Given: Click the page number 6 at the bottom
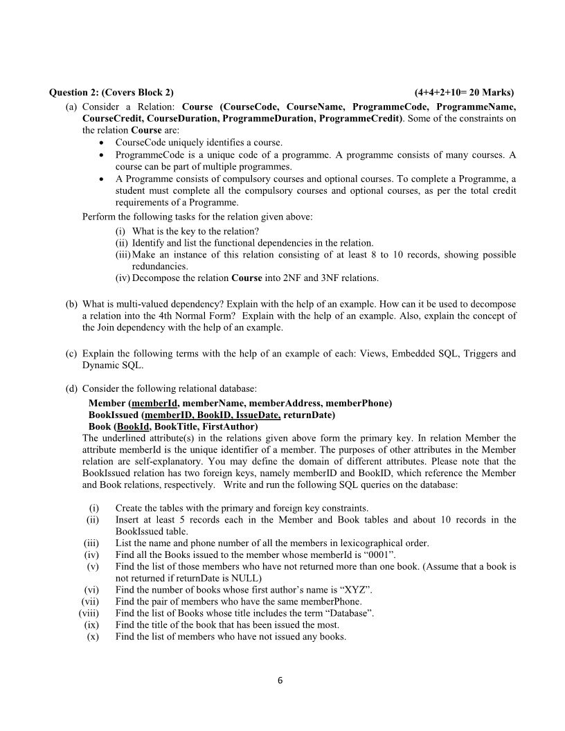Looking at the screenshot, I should click(x=280, y=680).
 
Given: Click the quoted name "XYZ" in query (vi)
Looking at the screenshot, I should click(x=357, y=589).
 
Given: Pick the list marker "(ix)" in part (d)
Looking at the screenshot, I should click(x=91, y=624).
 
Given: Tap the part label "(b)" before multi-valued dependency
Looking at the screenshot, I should click(x=71, y=304).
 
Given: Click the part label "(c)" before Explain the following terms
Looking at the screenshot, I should click(x=71, y=354).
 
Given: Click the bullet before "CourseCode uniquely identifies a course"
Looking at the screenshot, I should click(x=102, y=142).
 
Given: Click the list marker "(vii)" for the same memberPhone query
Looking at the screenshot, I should click(x=90, y=601).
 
